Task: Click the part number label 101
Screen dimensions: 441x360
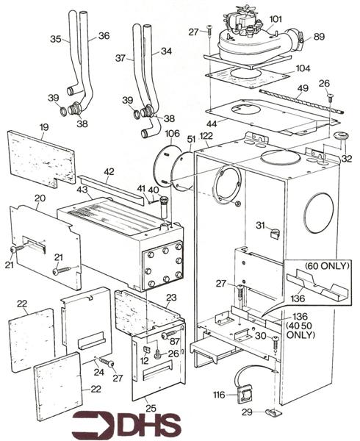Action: (x=276, y=19)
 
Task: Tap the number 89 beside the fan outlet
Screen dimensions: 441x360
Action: (x=319, y=36)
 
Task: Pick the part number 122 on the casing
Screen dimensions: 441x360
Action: (x=205, y=135)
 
